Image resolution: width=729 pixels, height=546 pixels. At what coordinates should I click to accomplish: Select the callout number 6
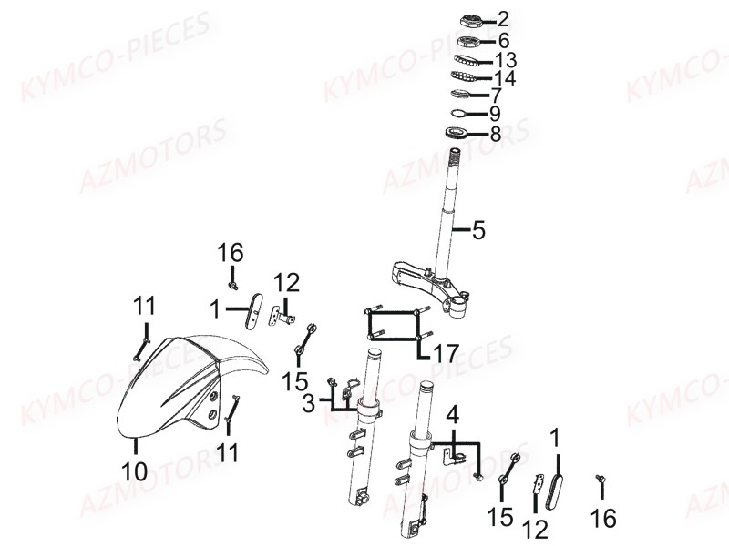pyautogui.click(x=503, y=40)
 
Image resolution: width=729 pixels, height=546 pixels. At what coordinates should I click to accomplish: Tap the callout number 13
pyautogui.click(x=505, y=60)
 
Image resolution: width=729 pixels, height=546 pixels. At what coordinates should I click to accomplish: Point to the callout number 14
pyautogui.click(x=505, y=78)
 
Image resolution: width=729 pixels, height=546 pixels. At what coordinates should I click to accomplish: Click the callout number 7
pyautogui.click(x=497, y=96)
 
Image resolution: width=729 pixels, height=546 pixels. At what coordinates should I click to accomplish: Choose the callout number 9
pyautogui.click(x=495, y=115)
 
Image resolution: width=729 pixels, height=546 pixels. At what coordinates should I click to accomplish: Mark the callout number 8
pyautogui.click(x=495, y=135)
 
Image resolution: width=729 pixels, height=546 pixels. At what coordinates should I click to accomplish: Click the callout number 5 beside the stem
pyautogui.click(x=478, y=231)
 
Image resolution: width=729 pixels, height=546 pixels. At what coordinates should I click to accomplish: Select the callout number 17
pyautogui.click(x=446, y=350)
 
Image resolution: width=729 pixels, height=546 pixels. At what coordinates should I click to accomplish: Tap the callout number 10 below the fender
pyautogui.click(x=134, y=471)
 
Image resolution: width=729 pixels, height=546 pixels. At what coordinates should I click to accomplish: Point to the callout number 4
pyautogui.click(x=452, y=418)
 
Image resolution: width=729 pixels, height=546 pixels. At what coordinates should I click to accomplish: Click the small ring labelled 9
pyautogui.click(x=461, y=114)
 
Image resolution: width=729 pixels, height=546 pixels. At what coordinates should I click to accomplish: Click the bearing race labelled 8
pyautogui.click(x=457, y=135)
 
